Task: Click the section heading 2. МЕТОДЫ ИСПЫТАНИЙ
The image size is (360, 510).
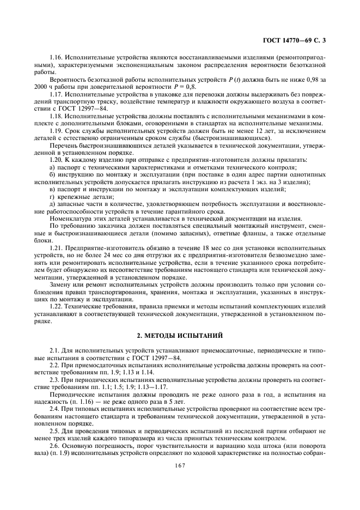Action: point(180,333)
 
